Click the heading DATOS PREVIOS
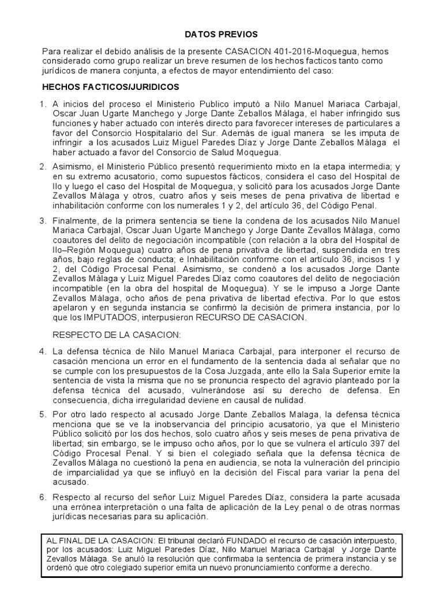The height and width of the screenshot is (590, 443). pyautogui.click(x=221, y=35)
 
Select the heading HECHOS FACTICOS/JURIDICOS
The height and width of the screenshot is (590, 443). pyautogui.click(x=111, y=87)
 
